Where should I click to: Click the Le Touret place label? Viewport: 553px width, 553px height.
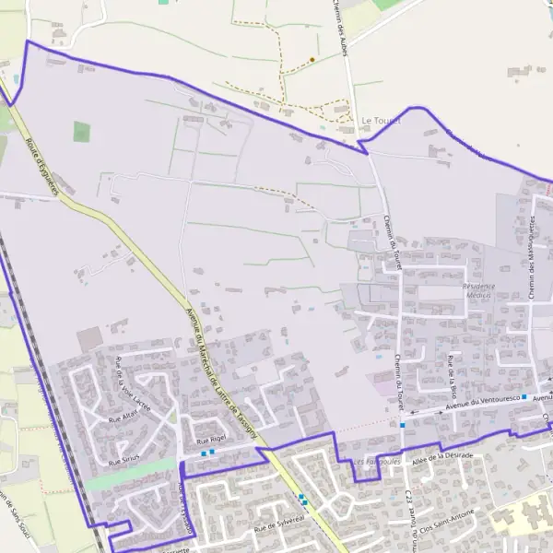378,120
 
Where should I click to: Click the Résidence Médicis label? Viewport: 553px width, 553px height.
478,289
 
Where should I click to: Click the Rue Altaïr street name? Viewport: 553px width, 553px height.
123,417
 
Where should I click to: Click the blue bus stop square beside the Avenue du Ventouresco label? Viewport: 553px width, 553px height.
524,396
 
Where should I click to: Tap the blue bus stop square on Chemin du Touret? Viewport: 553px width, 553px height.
402,425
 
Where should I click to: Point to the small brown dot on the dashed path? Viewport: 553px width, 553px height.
312,60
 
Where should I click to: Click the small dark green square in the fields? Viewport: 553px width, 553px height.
82,132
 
